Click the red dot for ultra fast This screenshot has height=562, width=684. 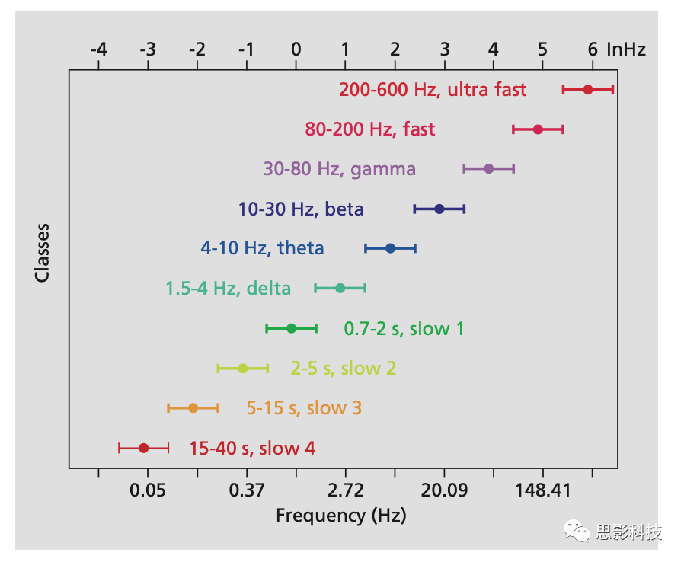[587, 90]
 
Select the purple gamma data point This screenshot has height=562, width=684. [488, 169]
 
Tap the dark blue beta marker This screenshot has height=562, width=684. [439, 209]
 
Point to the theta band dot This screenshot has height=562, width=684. [390, 248]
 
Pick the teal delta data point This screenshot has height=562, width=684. [340, 288]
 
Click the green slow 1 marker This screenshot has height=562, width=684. [291, 328]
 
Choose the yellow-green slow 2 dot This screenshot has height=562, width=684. [242, 369]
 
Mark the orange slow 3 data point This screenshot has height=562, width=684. [193, 408]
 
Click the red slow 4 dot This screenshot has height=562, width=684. [143, 448]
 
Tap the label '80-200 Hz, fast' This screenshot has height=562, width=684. [370, 129]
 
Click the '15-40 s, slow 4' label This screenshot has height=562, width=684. [252, 449]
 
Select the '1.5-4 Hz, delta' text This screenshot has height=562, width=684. [228, 289]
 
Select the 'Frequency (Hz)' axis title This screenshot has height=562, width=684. [340, 516]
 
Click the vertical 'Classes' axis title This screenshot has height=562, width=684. [43, 252]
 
